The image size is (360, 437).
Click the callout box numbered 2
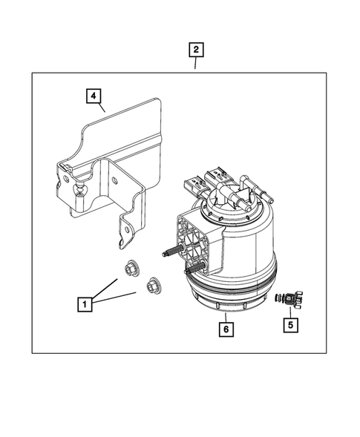tap(195, 50)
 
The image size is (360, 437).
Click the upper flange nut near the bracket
tap(131, 268)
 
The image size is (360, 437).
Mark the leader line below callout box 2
tap(195, 65)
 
